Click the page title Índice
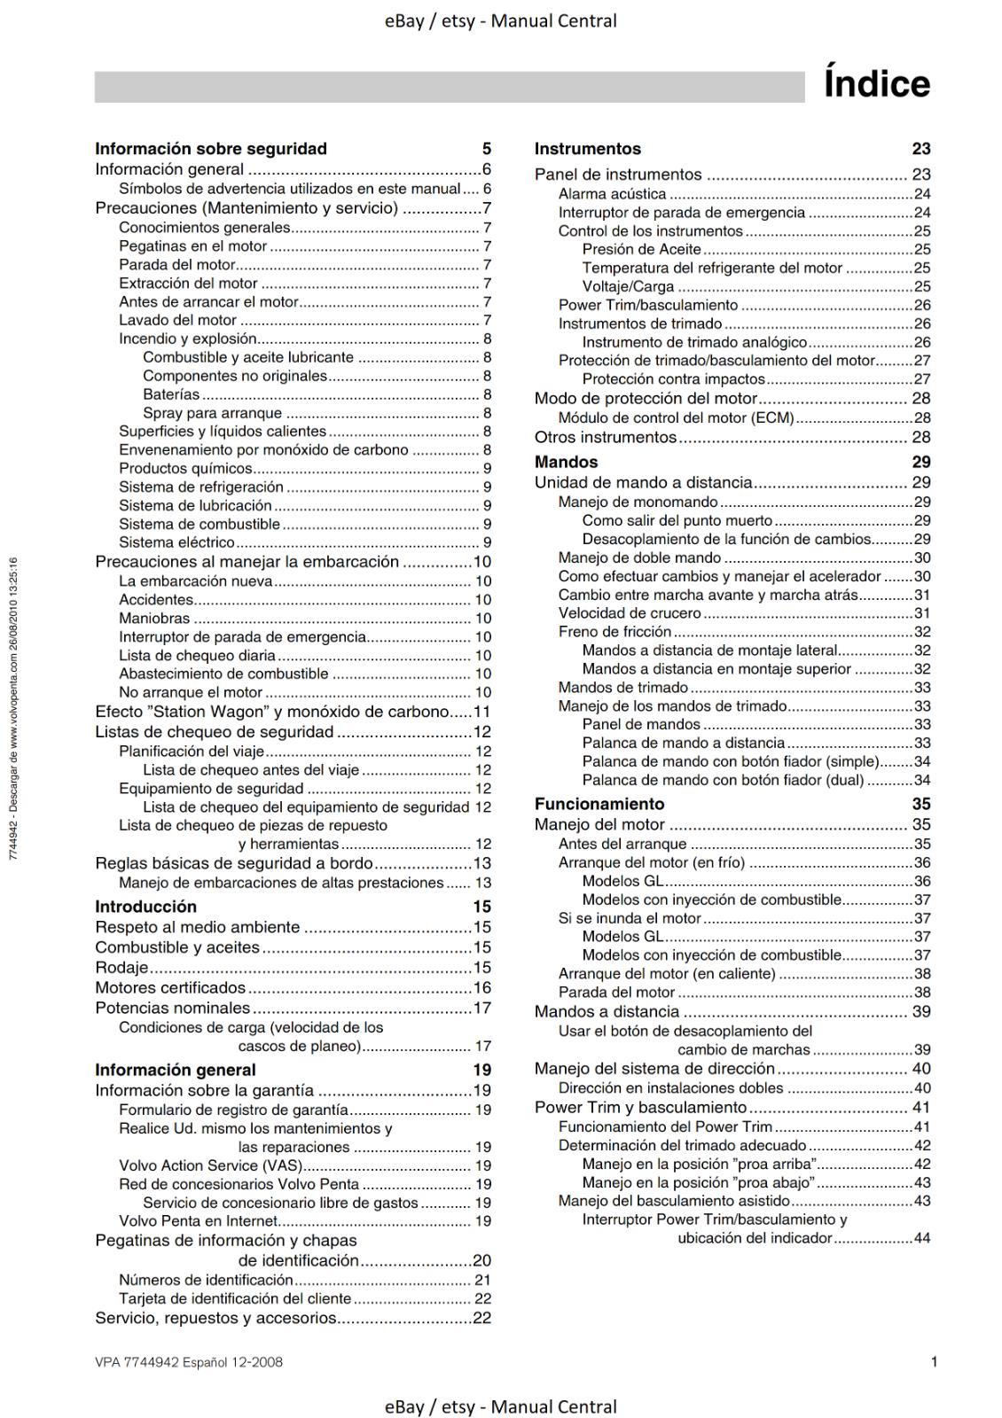coord(876,84)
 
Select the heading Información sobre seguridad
coord(211,149)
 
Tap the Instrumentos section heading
coord(587,149)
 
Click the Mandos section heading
coord(566,462)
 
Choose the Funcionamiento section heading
coord(599,804)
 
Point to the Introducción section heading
coord(145,907)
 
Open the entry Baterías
coord(171,394)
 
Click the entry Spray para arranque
coord(212,413)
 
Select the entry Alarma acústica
coord(612,194)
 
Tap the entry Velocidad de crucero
coord(630,613)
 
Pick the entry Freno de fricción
coord(615,632)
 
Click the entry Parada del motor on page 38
coord(616,993)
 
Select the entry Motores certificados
coord(170,987)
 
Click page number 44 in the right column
coord(921,1238)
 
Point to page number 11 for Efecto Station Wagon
coord(481,712)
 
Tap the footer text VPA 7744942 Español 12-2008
coord(189,1362)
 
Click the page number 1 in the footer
coord(934,1362)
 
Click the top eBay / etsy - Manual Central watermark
coord(501,20)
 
